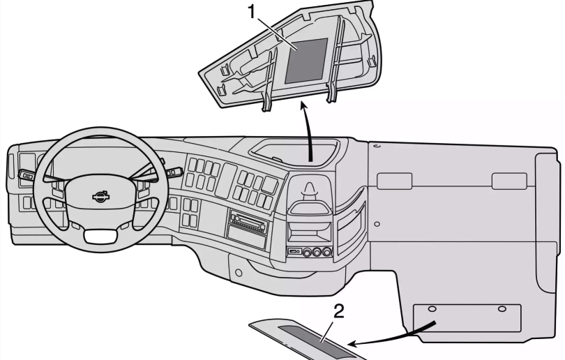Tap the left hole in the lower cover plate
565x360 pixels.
click(432, 309)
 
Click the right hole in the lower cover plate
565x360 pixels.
click(503, 309)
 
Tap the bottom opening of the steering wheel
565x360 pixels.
click(102, 237)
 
